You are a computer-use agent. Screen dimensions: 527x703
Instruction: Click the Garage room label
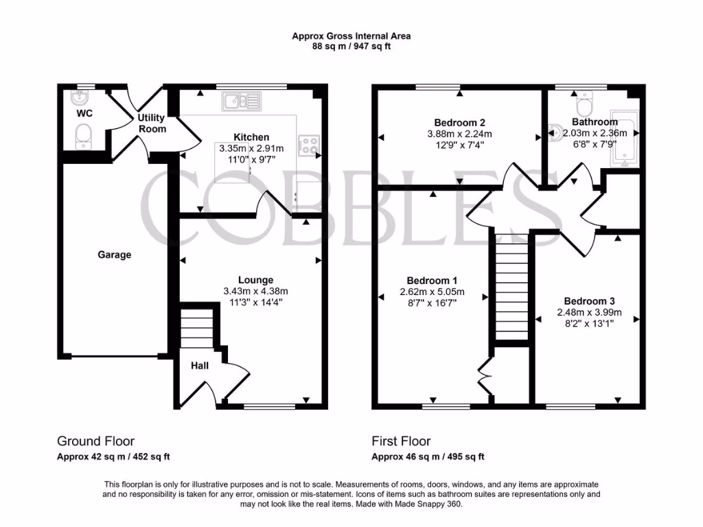coord(114,255)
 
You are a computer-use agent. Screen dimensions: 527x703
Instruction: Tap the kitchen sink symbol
coord(241,102)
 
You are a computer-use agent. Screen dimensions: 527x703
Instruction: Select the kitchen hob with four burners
coord(308,145)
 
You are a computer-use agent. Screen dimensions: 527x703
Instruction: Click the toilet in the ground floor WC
coord(84,135)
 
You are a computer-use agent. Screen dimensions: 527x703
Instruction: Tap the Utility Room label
coord(152,123)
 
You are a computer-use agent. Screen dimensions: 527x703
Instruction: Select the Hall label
coord(199,366)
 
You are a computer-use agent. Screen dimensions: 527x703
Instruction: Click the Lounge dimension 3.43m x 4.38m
coord(255,290)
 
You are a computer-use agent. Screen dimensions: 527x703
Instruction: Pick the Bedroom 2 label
coord(459,123)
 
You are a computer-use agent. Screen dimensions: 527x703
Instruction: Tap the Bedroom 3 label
coord(589,301)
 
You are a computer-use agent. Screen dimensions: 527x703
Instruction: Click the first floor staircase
coord(509,288)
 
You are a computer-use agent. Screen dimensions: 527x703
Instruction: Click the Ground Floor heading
coord(95,441)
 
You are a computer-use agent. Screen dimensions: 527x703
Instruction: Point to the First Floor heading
coord(401,441)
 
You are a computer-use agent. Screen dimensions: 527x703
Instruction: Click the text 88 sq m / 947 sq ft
coord(351,46)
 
